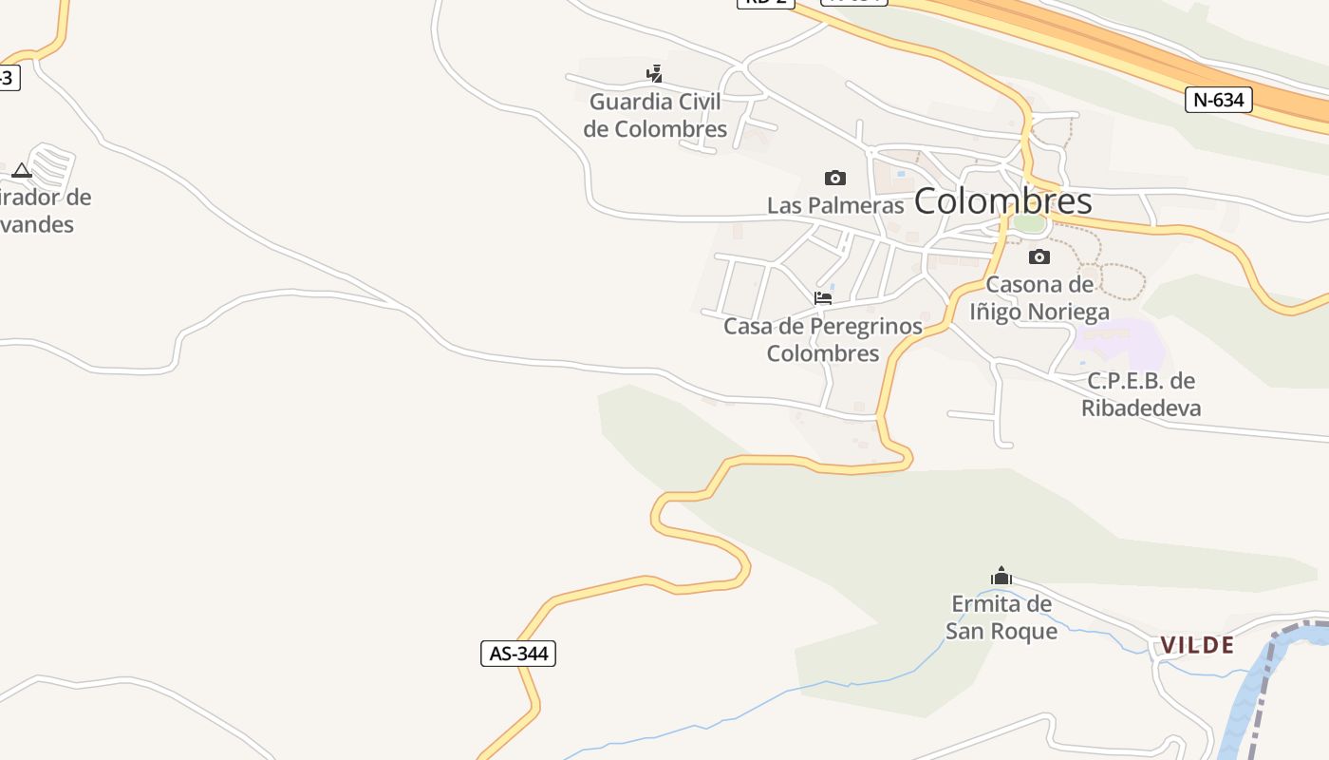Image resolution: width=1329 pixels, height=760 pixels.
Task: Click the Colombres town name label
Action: (1003, 201)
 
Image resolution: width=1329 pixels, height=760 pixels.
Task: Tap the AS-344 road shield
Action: (517, 654)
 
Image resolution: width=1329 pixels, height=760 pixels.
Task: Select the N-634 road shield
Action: (1219, 99)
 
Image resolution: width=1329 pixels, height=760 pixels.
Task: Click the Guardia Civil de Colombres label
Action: (655, 115)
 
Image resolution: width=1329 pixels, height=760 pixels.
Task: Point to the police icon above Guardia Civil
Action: (654, 73)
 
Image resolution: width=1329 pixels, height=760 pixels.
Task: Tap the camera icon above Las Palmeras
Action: (835, 178)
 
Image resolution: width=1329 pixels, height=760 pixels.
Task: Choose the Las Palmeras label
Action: (835, 205)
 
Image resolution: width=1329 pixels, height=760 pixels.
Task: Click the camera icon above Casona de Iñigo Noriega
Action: (1039, 256)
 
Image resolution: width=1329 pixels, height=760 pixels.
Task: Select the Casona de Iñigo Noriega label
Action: (1039, 297)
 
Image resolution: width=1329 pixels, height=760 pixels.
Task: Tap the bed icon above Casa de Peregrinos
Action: (823, 298)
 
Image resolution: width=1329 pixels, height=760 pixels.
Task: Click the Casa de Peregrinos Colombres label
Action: (823, 339)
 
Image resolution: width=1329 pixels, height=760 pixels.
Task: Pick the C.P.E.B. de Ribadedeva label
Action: (1141, 394)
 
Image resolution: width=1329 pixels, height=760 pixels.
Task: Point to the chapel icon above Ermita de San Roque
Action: (1001, 576)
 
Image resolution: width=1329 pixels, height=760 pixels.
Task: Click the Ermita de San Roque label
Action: (1001, 617)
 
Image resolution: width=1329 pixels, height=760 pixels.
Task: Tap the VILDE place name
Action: (1197, 645)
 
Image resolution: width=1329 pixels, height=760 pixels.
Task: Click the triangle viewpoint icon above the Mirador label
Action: (22, 171)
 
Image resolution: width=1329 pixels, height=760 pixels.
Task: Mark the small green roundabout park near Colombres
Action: (1028, 223)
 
